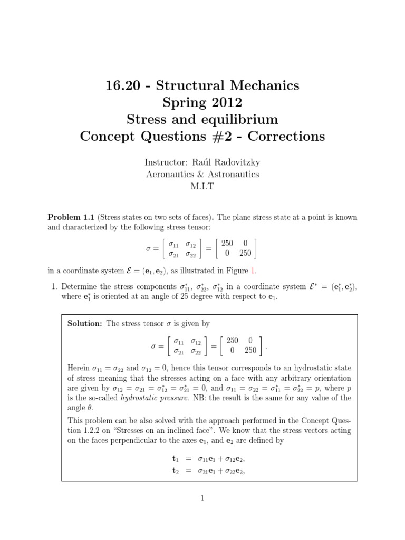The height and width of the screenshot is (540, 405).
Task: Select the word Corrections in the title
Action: tap(287, 137)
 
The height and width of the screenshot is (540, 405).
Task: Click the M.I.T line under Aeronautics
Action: tap(202, 186)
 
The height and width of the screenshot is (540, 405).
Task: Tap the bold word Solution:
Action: tap(84, 323)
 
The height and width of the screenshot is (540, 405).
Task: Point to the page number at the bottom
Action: tap(202, 498)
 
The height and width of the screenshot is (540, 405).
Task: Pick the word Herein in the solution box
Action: tap(79, 367)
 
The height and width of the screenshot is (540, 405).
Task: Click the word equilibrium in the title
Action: tap(242, 119)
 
